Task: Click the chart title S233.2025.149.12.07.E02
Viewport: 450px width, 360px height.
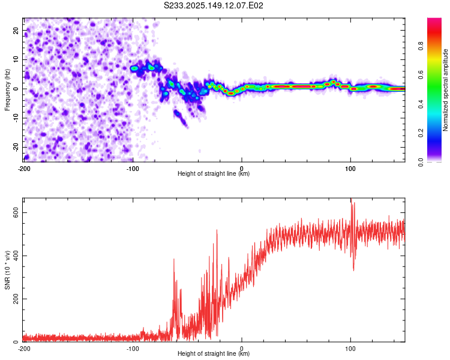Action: [213, 5]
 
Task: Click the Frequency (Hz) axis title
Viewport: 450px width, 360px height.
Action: [7, 90]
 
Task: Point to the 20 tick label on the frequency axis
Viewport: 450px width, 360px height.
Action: [16, 30]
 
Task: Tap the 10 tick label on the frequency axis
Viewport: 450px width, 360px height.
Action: [16, 59]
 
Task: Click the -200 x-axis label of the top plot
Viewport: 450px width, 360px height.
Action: [24, 169]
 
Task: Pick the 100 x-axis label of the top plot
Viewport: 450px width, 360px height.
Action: [350, 169]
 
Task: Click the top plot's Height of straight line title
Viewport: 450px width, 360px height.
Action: [214, 173]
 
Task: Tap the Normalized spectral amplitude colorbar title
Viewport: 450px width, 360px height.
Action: [445, 90]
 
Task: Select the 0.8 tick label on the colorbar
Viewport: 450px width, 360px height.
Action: [421, 46]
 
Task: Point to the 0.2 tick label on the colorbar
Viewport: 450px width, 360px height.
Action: [421, 133]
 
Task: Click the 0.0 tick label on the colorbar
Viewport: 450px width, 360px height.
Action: [421, 162]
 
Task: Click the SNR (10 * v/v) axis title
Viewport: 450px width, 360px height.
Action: [7, 270]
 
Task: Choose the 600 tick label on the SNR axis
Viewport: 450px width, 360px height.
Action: [16, 213]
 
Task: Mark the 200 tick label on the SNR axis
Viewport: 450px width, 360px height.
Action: [16, 299]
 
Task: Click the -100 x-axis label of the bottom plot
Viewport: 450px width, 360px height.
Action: [133, 349]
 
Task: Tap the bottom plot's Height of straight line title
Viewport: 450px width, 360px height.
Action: [214, 353]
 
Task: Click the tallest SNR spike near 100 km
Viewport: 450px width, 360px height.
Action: [351, 199]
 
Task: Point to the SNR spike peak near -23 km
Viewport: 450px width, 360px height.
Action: [217, 230]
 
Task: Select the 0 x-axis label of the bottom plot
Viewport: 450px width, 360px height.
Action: [242, 349]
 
